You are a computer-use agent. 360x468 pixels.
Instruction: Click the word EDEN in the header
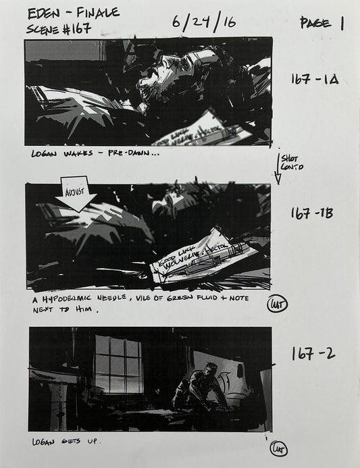(x=42, y=13)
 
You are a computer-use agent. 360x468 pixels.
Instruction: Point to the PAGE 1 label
(x=323, y=24)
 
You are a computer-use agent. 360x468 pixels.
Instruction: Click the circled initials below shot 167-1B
(x=277, y=303)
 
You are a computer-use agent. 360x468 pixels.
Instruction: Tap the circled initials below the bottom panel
(x=278, y=448)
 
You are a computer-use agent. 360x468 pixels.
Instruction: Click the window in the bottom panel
(x=118, y=365)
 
